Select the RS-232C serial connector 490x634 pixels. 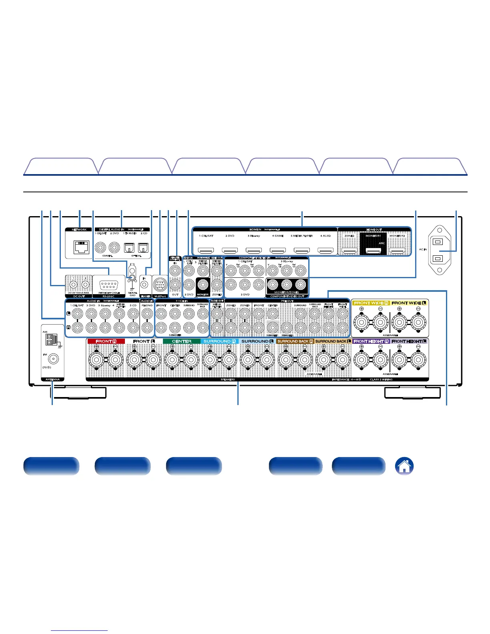[x=109, y=285]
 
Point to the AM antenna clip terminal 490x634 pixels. [x=50, y=340]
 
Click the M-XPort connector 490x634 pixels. [x=160, y=285]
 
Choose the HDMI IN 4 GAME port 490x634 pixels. [x=278, y=251]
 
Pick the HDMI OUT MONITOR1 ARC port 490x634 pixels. [x=374, y=251]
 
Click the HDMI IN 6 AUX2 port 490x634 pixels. [x=326, y=251]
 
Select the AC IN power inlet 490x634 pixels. [x=439, y=249]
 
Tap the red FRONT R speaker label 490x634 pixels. [x=106, y=341]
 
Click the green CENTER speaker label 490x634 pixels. [x=181, y=341]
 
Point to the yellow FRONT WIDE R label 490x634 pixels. [x=371, y=303]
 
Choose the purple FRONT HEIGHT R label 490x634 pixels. [x=371, y=341]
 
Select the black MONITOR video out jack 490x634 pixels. [x=203, y=285]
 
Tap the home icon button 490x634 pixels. [x=404, y=466]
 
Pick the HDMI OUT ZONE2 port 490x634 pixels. [x=350, y=251]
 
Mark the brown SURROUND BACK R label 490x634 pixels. [x=295, y=341]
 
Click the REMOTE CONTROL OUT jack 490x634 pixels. [x=175, y=285]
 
